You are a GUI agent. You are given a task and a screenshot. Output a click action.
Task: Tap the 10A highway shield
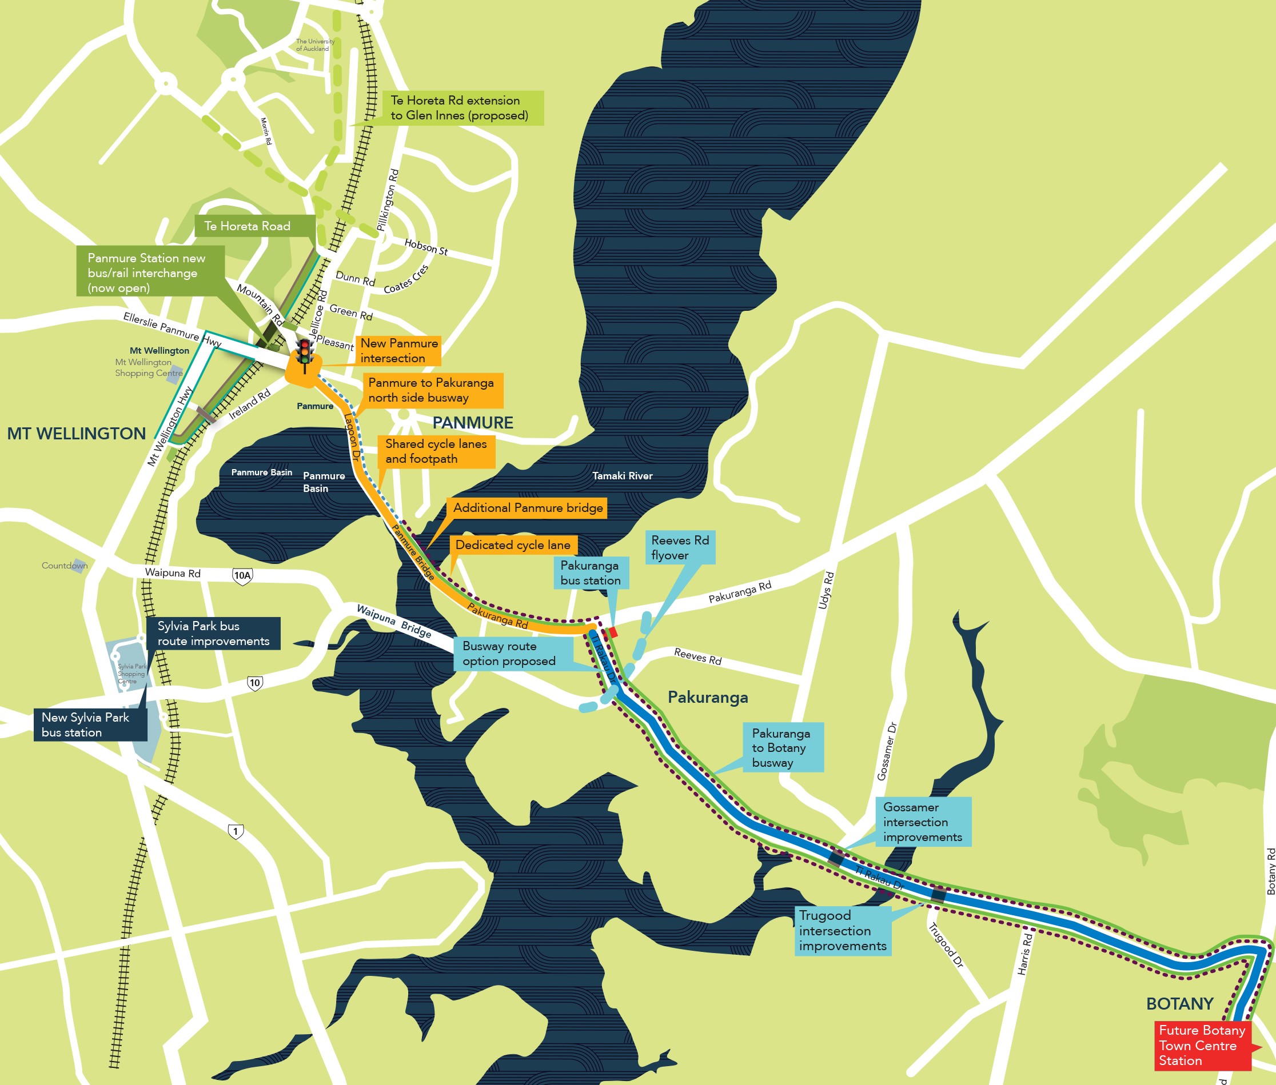coord(242,576)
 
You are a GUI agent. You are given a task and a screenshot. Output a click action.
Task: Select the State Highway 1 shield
coord(235,831)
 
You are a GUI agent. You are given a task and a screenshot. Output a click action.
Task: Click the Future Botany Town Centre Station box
coord(1202,1045)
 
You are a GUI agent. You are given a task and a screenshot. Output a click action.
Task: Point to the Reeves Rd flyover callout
coord(680,547)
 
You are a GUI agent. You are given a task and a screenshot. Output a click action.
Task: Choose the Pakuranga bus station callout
coord(591,572)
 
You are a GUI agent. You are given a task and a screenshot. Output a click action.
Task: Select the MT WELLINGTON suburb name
coord(77,434)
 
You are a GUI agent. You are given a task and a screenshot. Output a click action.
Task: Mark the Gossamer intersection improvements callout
coord(923,822)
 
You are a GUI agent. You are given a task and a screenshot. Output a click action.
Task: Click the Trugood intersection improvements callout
coord(843,931)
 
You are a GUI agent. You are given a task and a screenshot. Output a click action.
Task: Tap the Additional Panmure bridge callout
coord(528,507)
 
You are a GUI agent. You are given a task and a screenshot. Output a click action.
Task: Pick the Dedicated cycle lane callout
coord(513,544)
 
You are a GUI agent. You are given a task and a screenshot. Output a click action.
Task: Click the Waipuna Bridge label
coord(394,621)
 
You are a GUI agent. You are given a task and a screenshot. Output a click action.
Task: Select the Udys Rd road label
coord(826,590)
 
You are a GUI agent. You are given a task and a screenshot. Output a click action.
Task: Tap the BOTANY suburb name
coord(1179,1004)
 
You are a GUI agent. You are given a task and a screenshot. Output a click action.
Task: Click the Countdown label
coord(64,565)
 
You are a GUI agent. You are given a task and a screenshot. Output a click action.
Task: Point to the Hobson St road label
coord(426,247)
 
